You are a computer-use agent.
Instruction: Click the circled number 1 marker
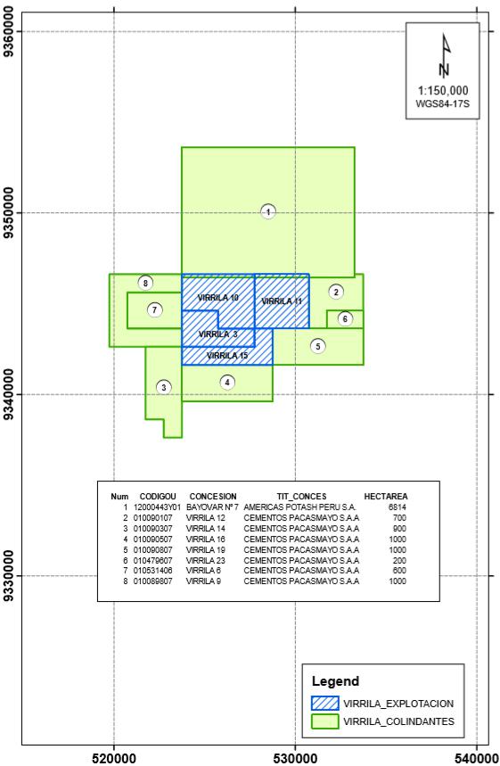point(268,211)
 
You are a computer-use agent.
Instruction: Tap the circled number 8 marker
point(145,283)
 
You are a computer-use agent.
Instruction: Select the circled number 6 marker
point(345,319)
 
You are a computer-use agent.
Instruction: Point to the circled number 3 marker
point(164,387)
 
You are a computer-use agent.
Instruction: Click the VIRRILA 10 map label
point(218,298)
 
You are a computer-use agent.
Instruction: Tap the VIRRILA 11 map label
point(282,301)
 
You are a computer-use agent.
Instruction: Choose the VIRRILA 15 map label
point(227,356)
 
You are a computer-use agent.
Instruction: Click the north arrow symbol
point(445,55)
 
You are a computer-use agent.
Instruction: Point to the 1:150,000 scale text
point(443,90)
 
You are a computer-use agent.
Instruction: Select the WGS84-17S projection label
point(443,103)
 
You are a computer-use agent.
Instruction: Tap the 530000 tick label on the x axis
point(295,758)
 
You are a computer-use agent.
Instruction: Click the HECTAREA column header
point(386,497)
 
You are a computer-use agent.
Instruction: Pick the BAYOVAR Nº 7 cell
point(212,507)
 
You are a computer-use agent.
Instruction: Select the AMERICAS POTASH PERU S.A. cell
point(299,507)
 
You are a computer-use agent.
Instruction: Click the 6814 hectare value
point(397,507)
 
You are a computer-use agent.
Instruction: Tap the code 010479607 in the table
point(152,560)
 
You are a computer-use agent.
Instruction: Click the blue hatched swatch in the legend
point(324,703)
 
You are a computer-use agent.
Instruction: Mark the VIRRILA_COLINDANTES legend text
point(398,721)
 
